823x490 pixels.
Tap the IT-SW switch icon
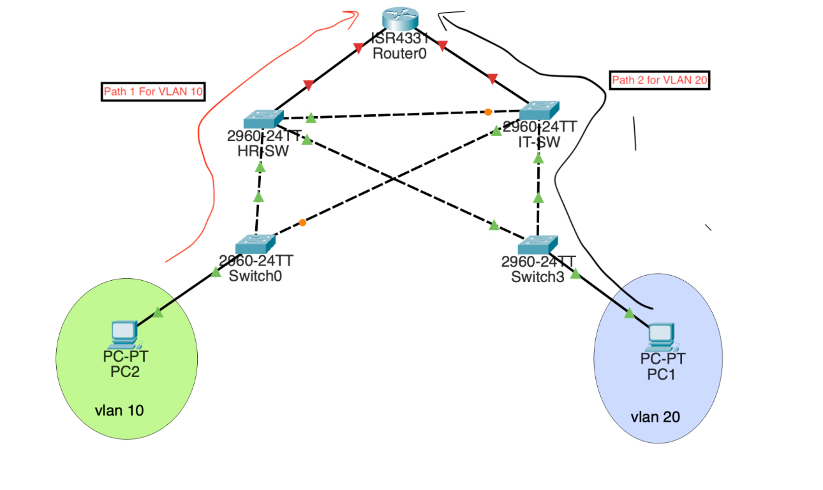pyautogui.click(x=538, y=110)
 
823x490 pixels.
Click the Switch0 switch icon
pyautogui.click(x=255, y=244)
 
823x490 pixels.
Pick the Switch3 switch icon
pyautogui.click(x=538, y=244)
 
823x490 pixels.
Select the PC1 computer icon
pyautogui.click(x=662, y=335)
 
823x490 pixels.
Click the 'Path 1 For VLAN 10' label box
pyautogui.click(x=153, y=92)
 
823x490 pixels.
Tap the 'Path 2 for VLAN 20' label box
pyautogui.click(x=660, y=80)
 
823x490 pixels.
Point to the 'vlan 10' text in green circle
pyautogui.click(x=119, y=410)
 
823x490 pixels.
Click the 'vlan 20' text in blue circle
pyautogui.click(x=655, y=417)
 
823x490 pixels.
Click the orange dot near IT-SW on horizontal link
pyautogui.click(x=488, y=112)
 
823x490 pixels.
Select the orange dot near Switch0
pyautogui.click(x=302, y=223)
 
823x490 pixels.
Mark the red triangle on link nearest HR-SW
pyautogui.click(x=309, y=84)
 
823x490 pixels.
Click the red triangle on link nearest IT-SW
pyautogui.click(x=492, y=78)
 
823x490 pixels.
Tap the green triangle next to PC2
pyautogui.click(x=158, y=312)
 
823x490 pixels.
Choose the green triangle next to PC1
pyautogui.click(x=629, y=313)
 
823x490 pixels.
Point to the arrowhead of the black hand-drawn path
pyautogui.click(x=441, y=14)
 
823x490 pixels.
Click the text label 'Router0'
pyautogui.click(x=399, y=54)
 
